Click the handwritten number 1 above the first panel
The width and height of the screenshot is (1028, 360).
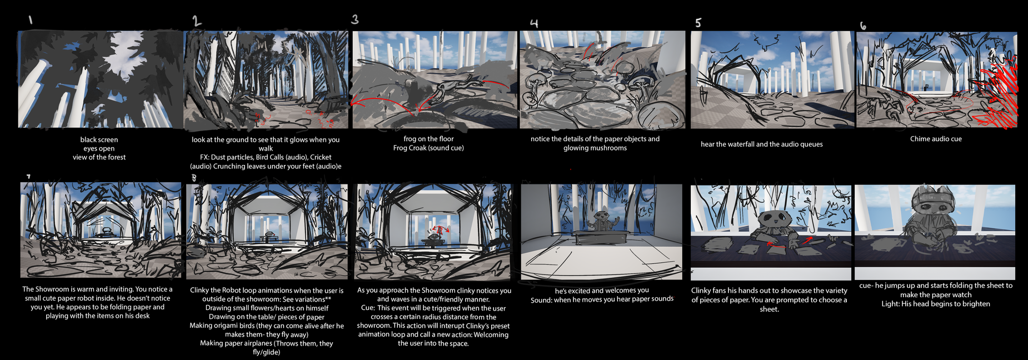(x=31, y=19)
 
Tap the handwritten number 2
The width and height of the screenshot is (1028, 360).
(x=197, y=21)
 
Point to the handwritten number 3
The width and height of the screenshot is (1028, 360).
(x=355, y=19)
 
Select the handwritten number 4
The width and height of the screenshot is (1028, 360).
(x=534, y=23)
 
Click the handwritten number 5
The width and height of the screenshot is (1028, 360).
(x=698, y=23)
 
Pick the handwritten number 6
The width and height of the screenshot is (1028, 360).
(x=863, y=26)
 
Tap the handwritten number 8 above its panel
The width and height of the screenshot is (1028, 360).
(x=194, y=178)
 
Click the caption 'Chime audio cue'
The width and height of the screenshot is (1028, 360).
(x=936, y=139)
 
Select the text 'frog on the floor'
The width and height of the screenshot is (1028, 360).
(x=428, y=139)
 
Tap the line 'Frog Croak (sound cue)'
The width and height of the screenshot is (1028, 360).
(x=428, y=148)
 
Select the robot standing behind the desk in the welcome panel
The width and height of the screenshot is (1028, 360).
(x=602, y=220)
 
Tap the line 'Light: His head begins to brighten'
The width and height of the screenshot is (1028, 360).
(x=936, y=304)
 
